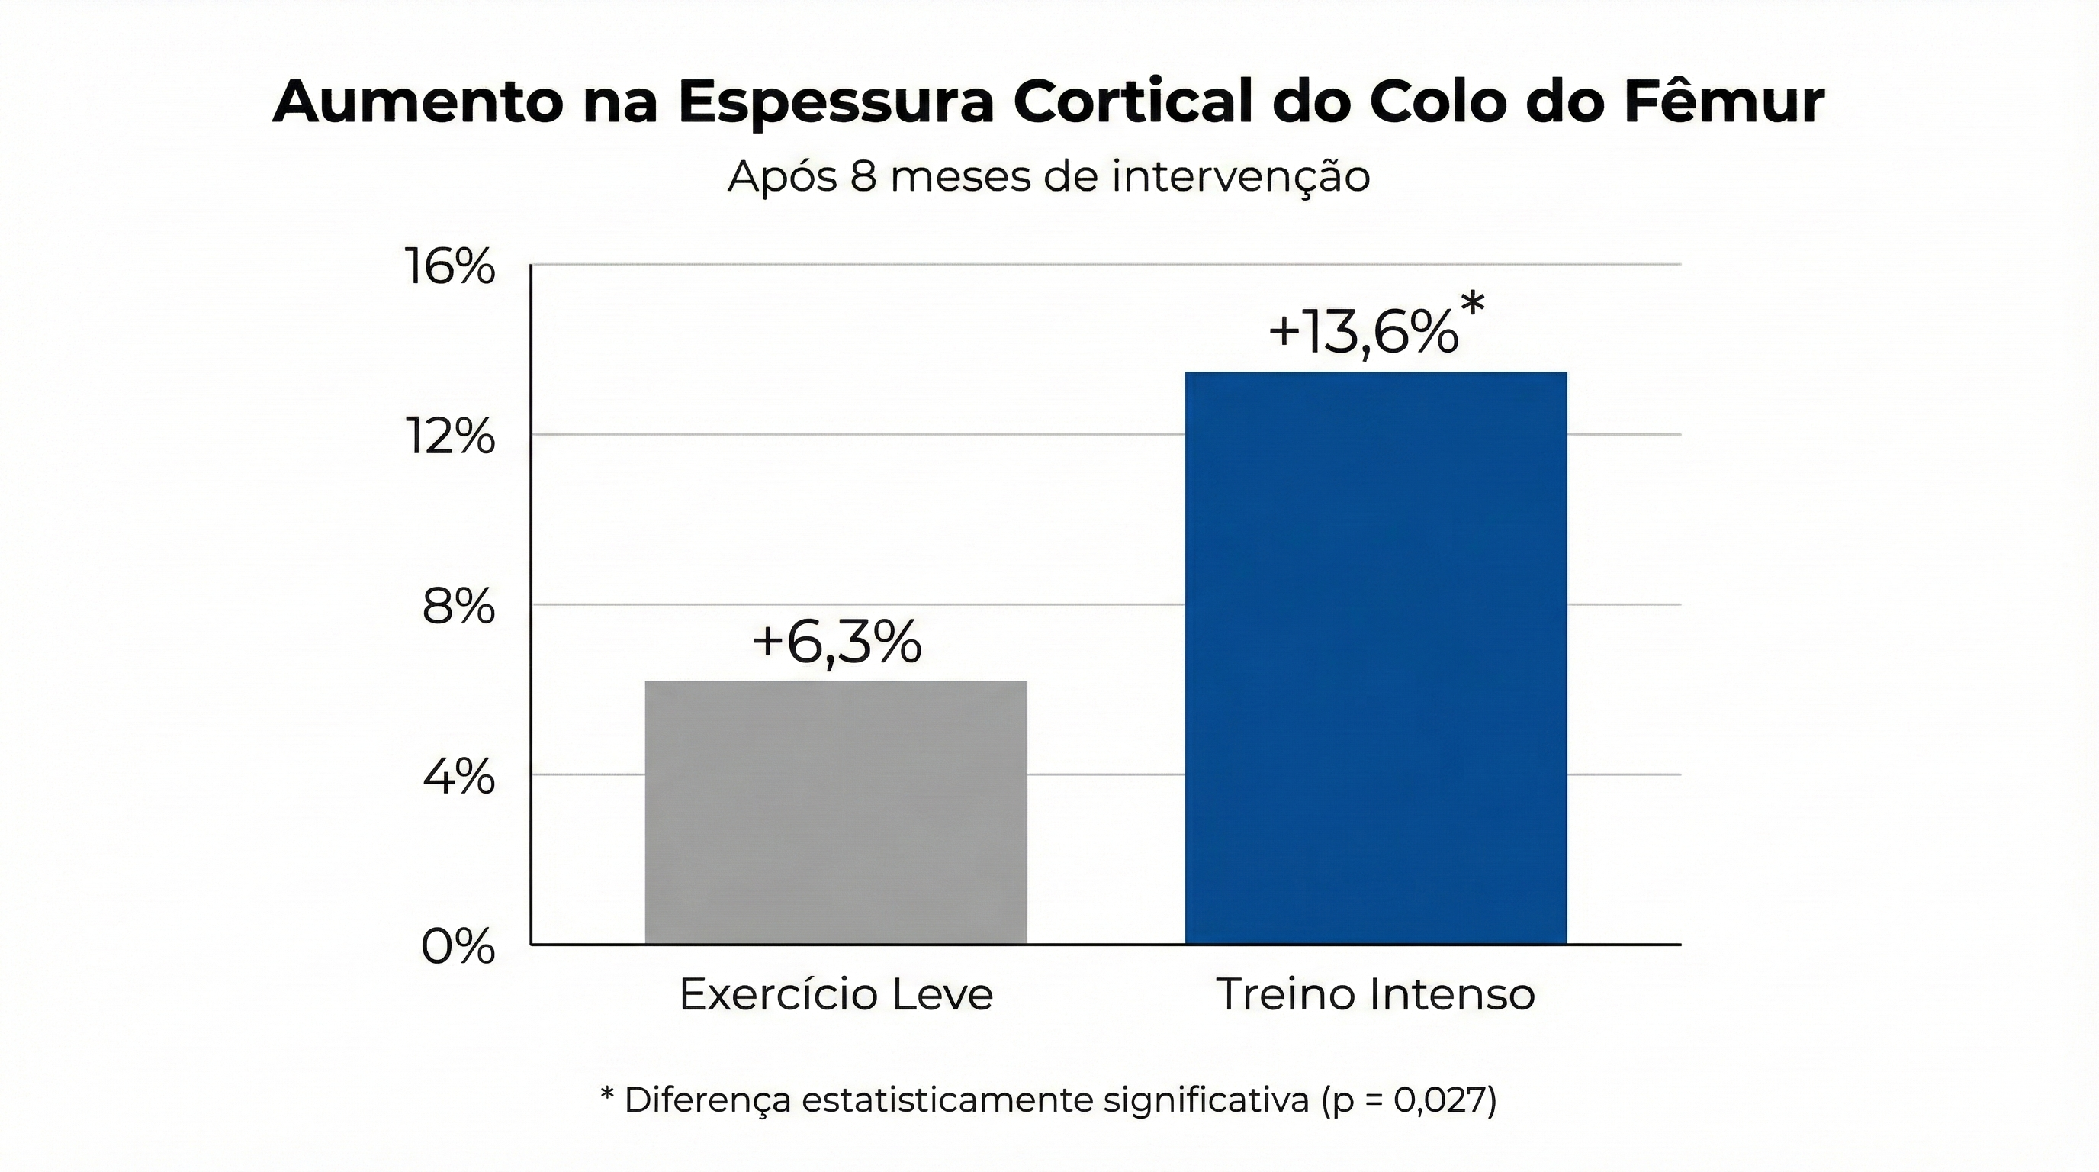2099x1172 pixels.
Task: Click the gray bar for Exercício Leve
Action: pyautogui.click(x=836, y=812)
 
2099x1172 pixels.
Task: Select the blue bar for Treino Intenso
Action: pyautogui.click(x=1375, y=657)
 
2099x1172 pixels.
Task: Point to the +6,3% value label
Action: pyautogui.click(x=836, y=642)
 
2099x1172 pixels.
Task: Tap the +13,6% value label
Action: pyautogui.click(x=1362, y=333)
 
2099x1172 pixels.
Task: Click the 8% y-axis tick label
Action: pyautogui.click(x=458, y=607)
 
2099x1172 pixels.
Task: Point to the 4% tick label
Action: pyautogui.click(x=458, y=776)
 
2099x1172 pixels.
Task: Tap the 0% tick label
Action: pyautogui.click(x=458, y=946)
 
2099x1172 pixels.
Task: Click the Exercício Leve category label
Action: pyautogui.click(x=836, y=994)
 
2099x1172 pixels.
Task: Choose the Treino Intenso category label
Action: pyautogui.click(x=1375, y=994)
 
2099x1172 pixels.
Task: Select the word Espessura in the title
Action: pyautogui.click(x=836, y=103)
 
